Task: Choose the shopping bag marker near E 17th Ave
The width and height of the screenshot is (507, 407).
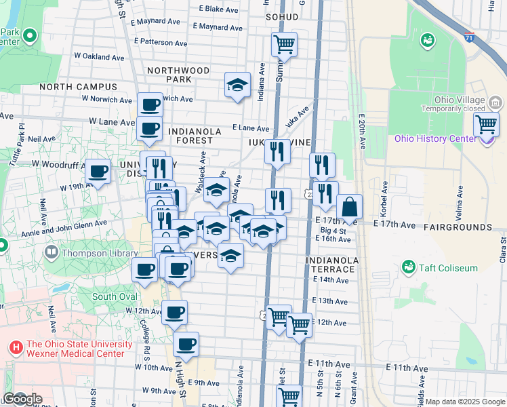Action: [x=349, y=207]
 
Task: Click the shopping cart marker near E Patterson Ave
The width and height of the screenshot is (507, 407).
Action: [x=285, y=45]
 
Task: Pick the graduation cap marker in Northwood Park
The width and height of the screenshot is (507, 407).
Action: [x=237, y=85]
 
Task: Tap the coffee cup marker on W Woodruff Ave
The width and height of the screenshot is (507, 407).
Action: [x=98, y=171]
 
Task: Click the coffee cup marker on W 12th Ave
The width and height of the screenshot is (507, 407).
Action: [x=175, y=312]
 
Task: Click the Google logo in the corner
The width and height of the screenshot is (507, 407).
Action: [x=22, y=399]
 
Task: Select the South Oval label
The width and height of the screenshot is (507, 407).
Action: [x=114, y=296]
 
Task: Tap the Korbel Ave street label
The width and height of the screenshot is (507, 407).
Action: [x=385, y=195]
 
